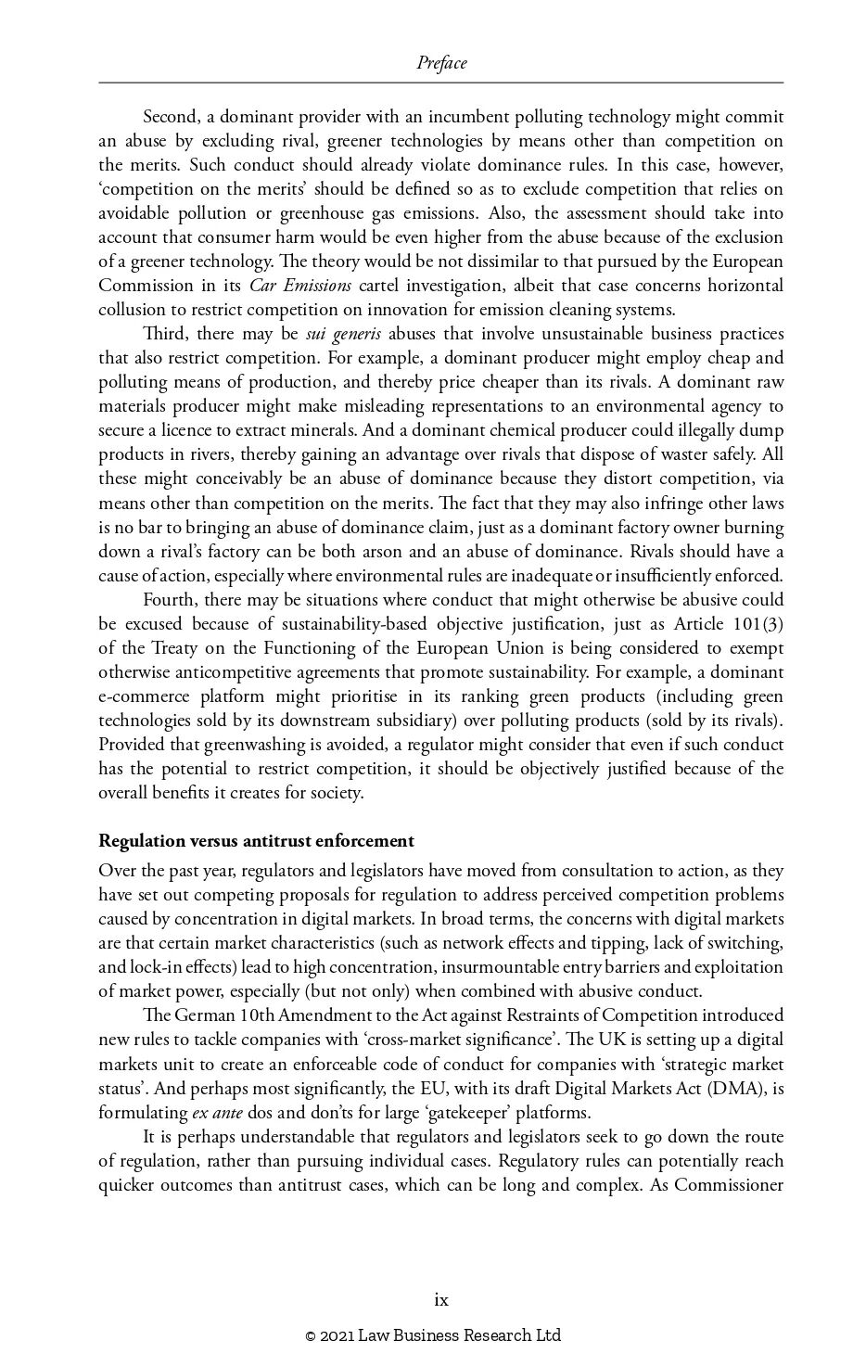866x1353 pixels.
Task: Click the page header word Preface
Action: coord(441,63)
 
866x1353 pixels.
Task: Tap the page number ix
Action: coord(441,1299)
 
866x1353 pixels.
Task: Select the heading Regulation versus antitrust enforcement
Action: coord(256,841)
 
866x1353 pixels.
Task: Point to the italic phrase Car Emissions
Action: coord(300,285)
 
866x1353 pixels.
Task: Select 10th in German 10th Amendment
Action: coord(256,1015)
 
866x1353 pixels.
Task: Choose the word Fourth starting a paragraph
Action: coord(169,599)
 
